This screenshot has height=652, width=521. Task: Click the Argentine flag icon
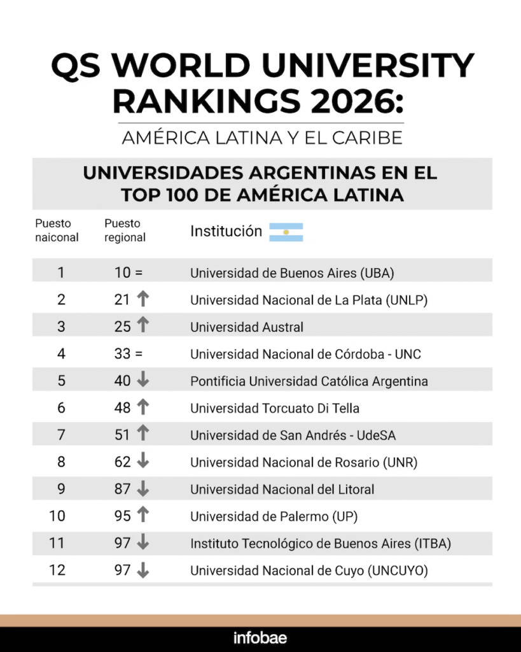point(286,232)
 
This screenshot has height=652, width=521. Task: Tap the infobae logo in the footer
point(260,638)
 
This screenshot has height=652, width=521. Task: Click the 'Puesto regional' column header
point(125,230)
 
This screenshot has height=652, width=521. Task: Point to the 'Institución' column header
point(226,231)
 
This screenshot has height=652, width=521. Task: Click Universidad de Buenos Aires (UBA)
point(292,273)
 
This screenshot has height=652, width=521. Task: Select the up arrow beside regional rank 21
point(142,299)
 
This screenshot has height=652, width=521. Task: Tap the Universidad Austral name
point(247,327)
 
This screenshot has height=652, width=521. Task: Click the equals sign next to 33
point(139,354)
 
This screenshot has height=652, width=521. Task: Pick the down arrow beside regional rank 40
point(142,381)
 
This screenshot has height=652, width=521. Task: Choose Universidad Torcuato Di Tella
point(275,408)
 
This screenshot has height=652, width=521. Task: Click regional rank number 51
point(122,435)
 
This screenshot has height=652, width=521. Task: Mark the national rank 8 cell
point(61,462)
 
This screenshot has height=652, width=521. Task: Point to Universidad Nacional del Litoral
point(282,490)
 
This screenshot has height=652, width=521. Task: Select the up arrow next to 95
point(142,516)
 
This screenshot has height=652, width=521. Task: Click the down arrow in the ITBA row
point(142,543)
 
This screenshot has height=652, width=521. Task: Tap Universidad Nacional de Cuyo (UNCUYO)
point(309,570)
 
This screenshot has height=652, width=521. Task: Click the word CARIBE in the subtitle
point(371,138)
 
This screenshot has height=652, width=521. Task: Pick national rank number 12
point(57,570)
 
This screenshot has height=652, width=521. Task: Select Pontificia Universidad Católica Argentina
point(309,381)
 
